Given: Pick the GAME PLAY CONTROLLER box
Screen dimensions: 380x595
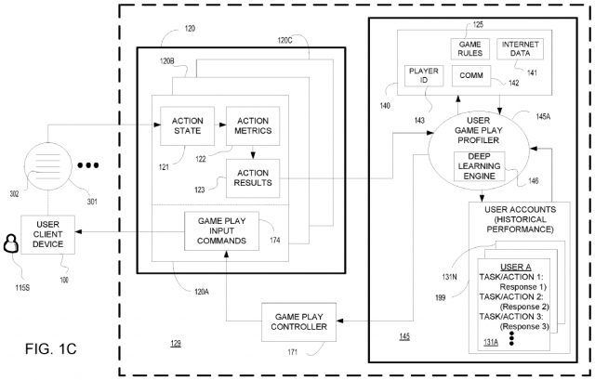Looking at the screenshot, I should click(298, 321).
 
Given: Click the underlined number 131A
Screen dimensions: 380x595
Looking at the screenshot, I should click(487, 341).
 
